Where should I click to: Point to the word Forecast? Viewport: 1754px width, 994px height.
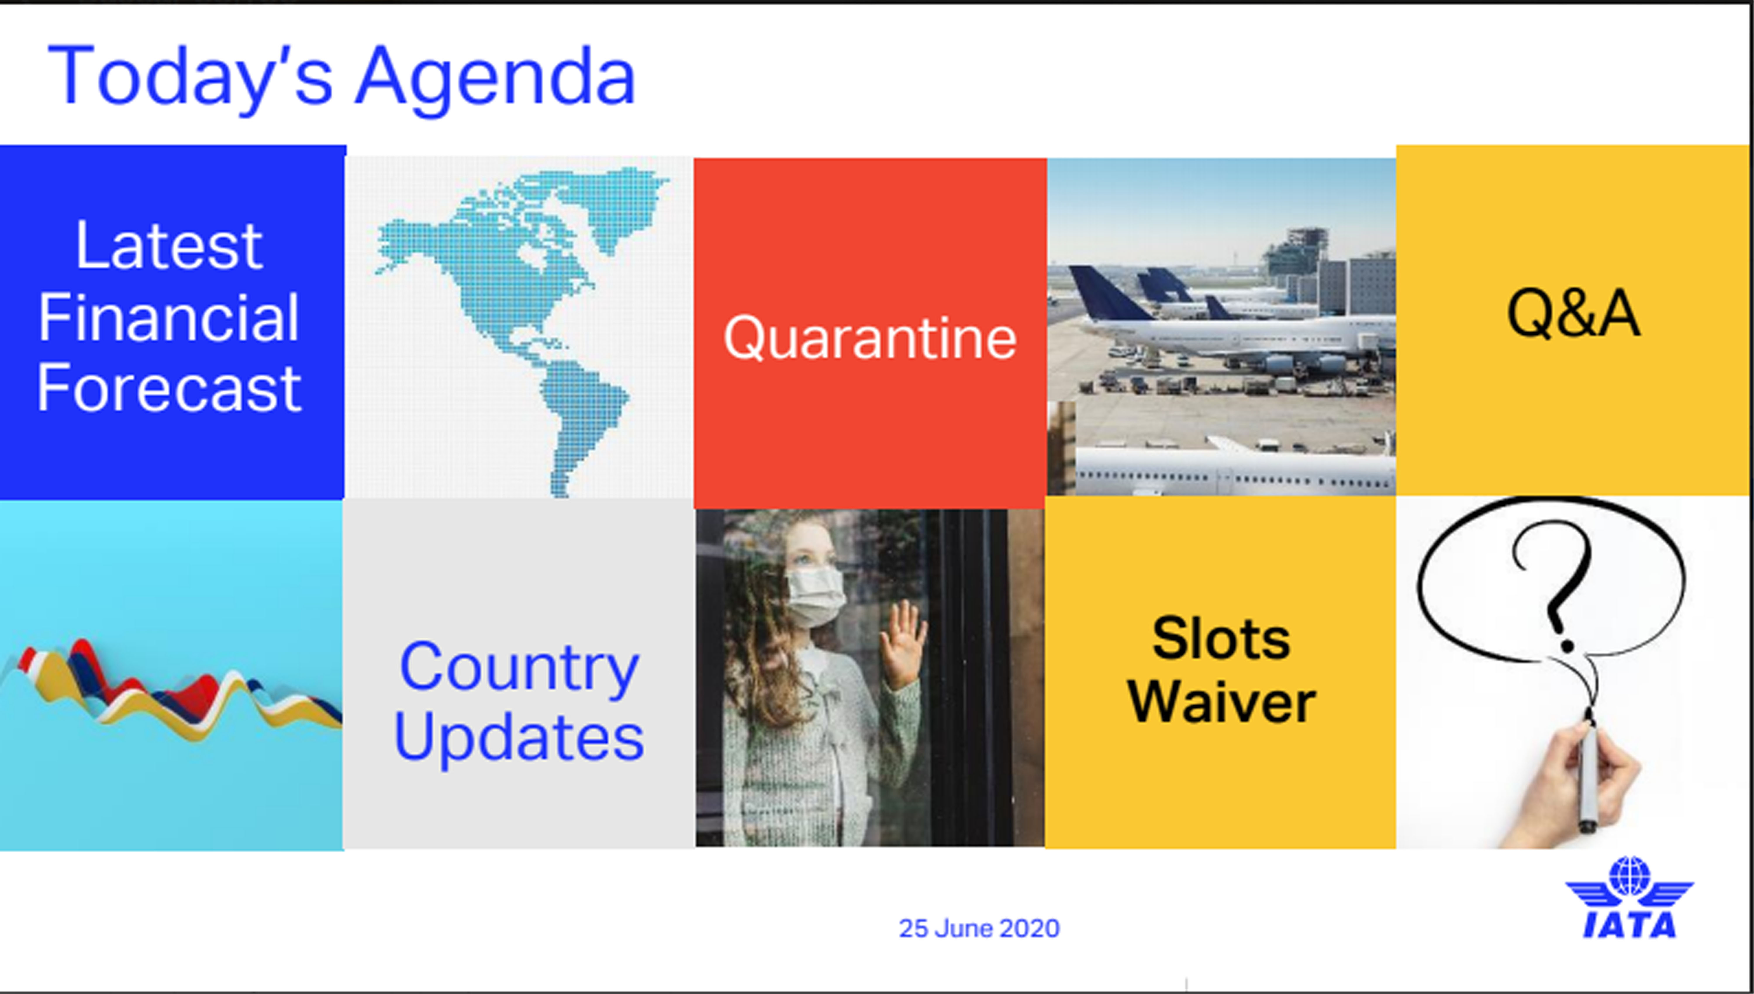[169, 388]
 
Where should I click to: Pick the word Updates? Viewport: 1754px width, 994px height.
[519, 738]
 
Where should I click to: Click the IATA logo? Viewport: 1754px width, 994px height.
[1629, 898]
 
